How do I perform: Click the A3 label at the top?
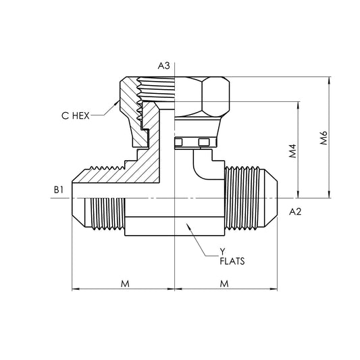163,66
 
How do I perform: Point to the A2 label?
294,212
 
